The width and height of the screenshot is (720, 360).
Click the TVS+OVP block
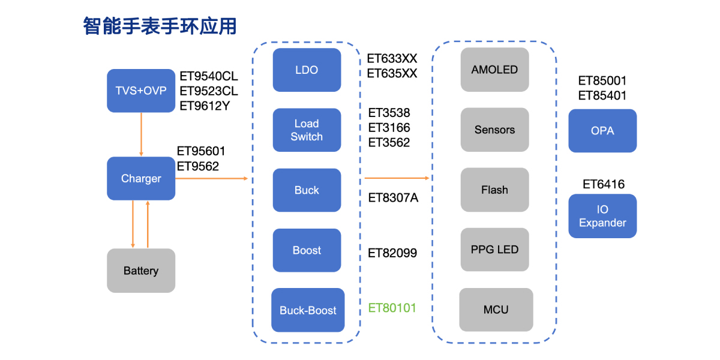(141, 91)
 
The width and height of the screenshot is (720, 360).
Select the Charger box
(141, 178)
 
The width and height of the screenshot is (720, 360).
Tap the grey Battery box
(141, 271)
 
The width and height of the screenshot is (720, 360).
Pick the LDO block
(307, 70)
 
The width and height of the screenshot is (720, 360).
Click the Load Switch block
(307, 130)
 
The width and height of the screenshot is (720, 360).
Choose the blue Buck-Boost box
(308, 310)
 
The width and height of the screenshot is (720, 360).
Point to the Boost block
(307, 250)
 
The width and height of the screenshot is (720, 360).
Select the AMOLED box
(494, 70)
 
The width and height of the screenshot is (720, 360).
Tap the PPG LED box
(494, 250)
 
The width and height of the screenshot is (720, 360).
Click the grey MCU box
(496, 310)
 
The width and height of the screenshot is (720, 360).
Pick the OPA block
(602, 131)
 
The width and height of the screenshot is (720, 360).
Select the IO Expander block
(602, 216)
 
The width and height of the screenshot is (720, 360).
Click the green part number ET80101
(392, 308)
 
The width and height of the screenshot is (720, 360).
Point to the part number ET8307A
(393, 197)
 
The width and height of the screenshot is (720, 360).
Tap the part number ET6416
(604, 184)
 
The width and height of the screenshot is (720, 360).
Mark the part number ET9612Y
(205, 106)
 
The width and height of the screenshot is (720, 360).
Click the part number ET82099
(392, 253)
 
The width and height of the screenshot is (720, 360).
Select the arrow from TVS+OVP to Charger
(141, 134)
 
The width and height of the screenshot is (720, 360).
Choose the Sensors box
(494, 130)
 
